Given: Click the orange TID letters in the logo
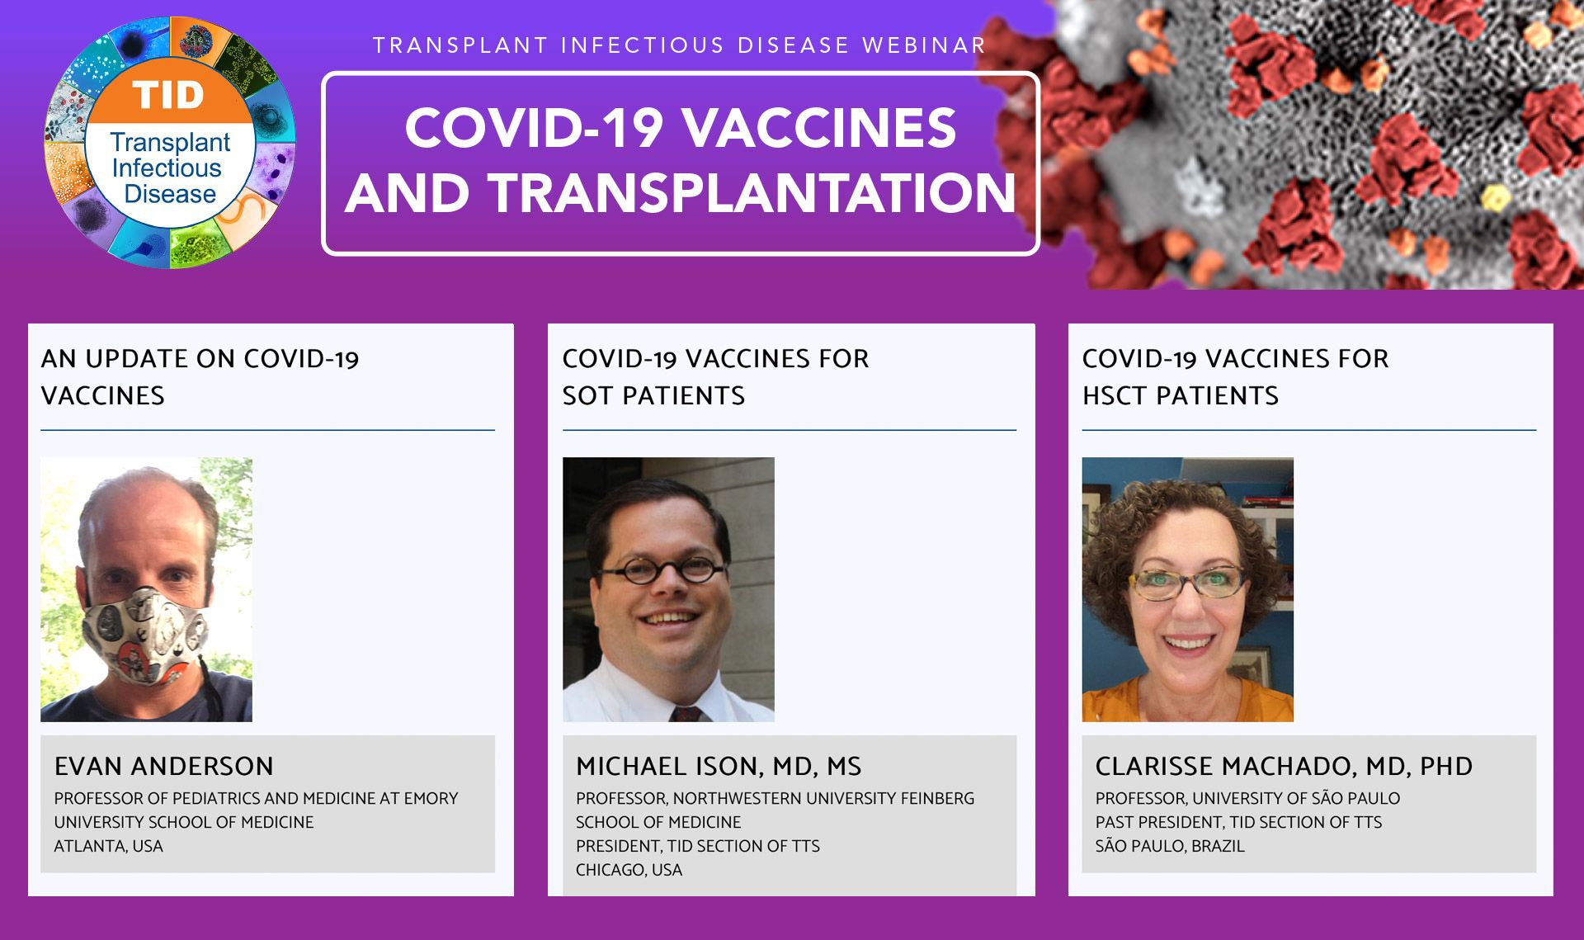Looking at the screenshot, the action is coord(168,95).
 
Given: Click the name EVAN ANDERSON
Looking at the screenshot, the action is coord(163,766).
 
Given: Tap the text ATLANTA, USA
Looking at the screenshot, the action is coord(109,846).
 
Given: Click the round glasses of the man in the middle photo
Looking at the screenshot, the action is coord(662,571).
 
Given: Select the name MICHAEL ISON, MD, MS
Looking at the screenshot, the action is coord(719,766).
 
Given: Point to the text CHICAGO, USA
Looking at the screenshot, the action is coord(629,870).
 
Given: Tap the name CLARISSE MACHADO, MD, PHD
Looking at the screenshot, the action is coord(1284,766).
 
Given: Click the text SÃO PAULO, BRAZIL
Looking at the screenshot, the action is coord(1170,846).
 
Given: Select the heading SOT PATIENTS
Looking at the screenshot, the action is coord(653,395).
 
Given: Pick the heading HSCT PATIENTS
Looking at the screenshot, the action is coord(1181,395).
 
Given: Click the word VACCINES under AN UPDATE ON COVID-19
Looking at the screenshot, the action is coord(103,395).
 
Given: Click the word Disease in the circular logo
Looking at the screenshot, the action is coord(170,194).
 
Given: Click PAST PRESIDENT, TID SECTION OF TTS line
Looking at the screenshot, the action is coord(1238,822).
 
